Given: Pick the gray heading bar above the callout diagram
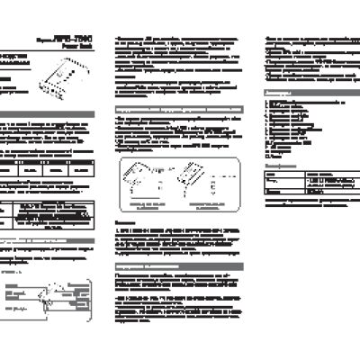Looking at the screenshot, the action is [54, 241].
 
